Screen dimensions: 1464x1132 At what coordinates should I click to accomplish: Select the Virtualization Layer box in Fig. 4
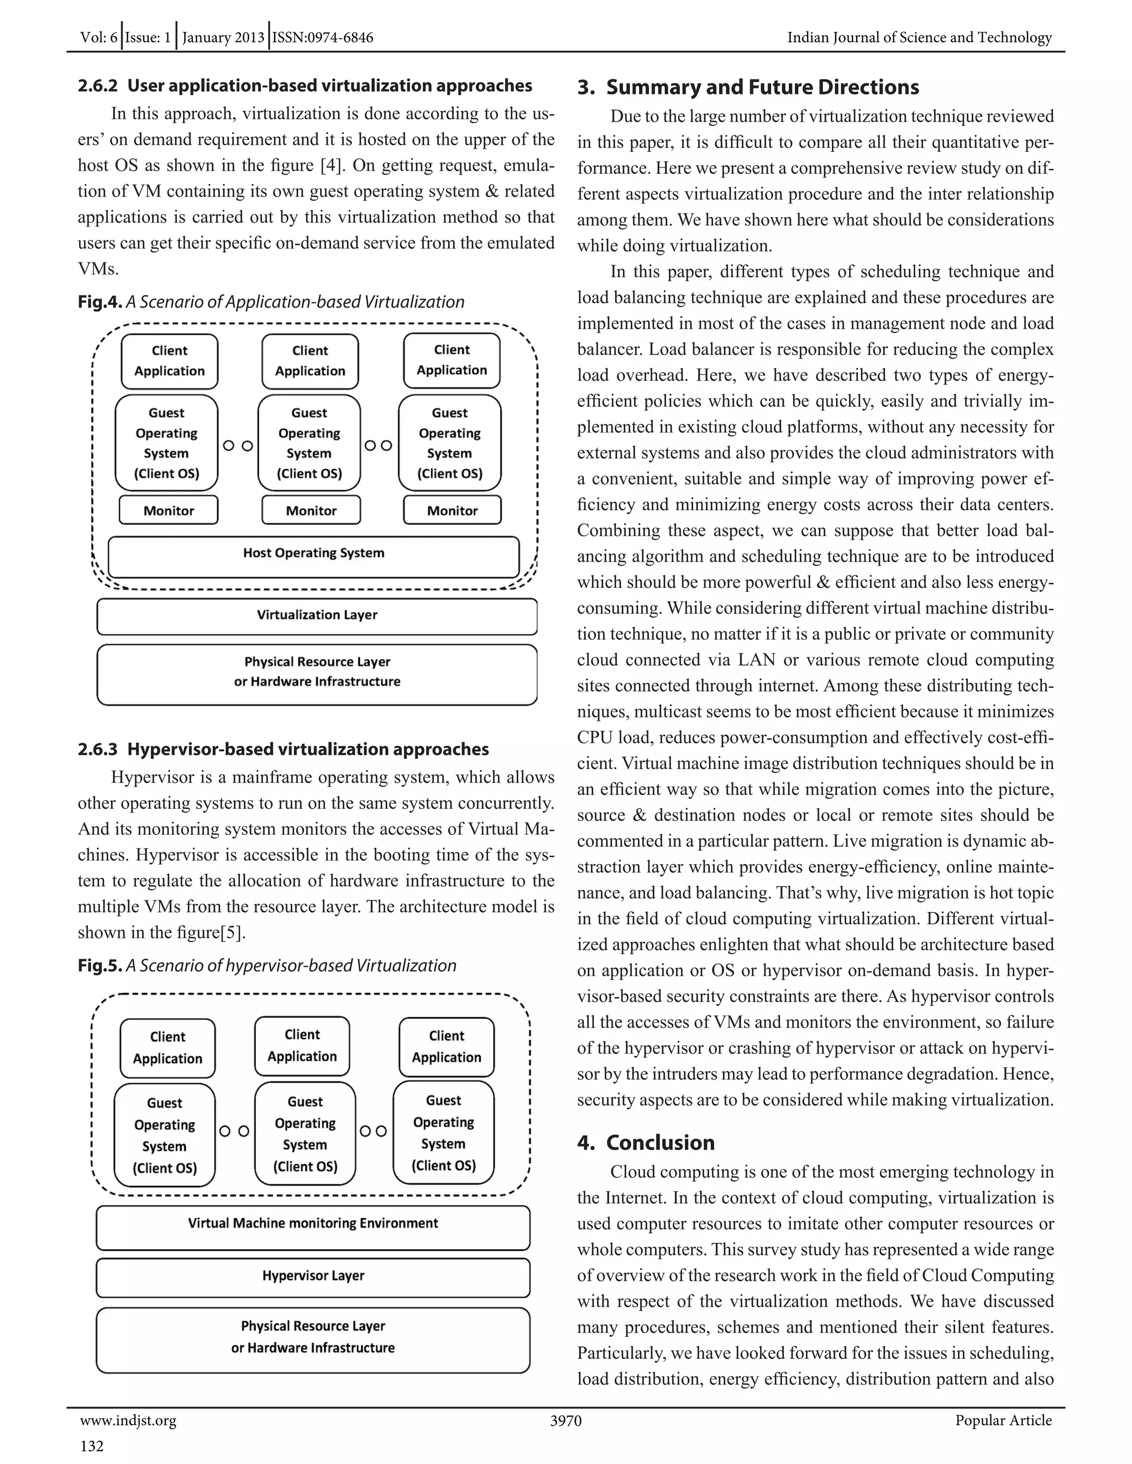point(317,616)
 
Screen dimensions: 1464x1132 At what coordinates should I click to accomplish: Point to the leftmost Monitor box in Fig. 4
point(169,510)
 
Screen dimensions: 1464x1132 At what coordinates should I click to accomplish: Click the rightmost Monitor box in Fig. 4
point(452,510)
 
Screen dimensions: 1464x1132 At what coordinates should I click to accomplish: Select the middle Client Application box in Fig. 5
point(302,1046)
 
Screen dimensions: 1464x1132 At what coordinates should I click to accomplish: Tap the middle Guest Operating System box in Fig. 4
point(309,443)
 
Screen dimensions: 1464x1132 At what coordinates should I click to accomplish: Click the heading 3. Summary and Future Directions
point(748,88)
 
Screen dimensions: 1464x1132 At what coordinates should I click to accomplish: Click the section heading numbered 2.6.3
point(283,750)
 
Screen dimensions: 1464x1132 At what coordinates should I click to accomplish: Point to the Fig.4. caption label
point(100,302)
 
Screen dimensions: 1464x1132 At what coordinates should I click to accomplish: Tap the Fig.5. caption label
point(100,966)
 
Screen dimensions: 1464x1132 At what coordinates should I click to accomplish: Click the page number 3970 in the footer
point(565,1421)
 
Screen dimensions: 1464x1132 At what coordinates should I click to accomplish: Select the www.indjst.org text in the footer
point(128,1421)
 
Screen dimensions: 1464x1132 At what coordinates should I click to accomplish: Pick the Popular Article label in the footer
point(1003,1421)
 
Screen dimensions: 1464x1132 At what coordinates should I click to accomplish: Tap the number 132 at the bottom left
point(92,1446)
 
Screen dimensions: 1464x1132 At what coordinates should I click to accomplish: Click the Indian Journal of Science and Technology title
point(919,38)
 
